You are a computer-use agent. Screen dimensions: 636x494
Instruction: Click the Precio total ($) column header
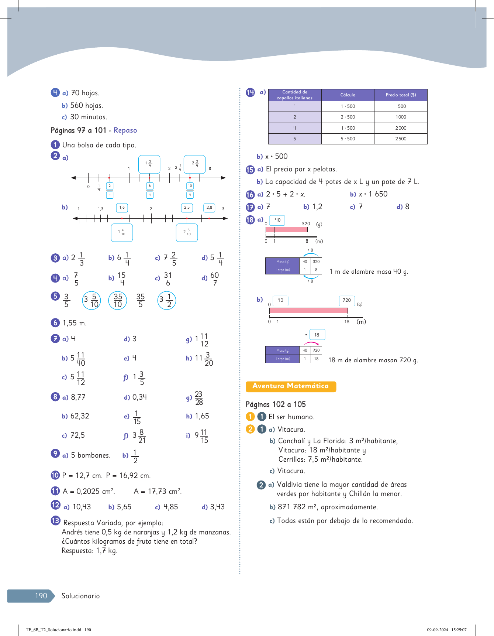(401, 95)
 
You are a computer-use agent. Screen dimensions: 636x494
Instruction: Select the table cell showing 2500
(401, 139)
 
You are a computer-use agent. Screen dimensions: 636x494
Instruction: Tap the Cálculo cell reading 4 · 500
(348, 128)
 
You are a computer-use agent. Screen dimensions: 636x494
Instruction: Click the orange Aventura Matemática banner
(291, 386)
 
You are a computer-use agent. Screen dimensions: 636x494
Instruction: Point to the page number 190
(41, 596)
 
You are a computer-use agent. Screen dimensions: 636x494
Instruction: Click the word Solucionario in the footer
(80, 596)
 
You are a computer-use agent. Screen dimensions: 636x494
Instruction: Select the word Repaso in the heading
(125, 130)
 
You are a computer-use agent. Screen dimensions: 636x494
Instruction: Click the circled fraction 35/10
(118, 301)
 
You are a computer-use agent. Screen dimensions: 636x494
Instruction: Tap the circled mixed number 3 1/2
(166, 301)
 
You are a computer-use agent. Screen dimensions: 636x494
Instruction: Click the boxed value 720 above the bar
(347, 301)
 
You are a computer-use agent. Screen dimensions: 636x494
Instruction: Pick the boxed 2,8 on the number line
(209, 208)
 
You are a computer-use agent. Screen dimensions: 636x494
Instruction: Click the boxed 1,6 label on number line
(122, 208)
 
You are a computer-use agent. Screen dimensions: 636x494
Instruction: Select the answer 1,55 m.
(75, 323)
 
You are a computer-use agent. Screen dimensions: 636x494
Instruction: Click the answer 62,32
(80, 416)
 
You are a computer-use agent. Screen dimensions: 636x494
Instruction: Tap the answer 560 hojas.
(86, 106)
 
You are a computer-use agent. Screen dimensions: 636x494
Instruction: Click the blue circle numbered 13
(55, 521)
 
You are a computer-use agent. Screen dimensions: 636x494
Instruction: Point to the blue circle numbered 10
(55, 475)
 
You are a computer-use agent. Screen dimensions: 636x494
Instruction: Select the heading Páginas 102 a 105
(276, 404)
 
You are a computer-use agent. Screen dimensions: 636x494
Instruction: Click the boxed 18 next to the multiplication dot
(317, 335)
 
